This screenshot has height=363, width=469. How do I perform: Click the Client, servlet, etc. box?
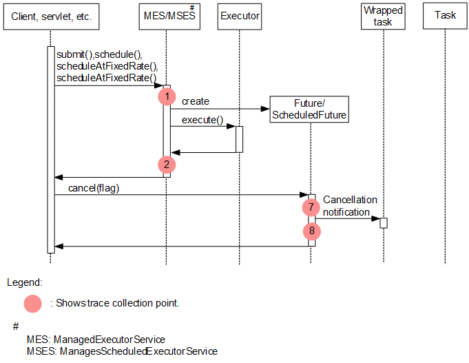click(x=51, y=17)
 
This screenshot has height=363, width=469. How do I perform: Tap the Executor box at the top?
click(x=239, y=17)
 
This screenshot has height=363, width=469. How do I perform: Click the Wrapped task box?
click(x=382, y=17)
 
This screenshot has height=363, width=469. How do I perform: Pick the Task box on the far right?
click(x=445, y=17)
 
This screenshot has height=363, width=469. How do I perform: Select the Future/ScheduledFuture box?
click(x=309, y=110)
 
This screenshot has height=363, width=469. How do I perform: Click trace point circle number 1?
click(x=166, y=97)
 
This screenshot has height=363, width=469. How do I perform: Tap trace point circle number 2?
click(x=166, y=165)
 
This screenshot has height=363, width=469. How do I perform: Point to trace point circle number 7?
click(x=311, y=207)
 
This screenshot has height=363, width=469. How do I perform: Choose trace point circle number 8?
click(x=311, y=231)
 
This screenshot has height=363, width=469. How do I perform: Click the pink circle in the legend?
click(x=33, y=303)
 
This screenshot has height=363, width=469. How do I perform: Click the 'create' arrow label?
click(x=195, y=101)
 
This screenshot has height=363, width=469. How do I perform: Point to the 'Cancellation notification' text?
click(x=349, y=206)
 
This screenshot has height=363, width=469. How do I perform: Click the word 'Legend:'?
click(x=25, y=282)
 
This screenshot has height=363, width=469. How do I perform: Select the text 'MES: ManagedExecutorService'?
click(x=96, y=340)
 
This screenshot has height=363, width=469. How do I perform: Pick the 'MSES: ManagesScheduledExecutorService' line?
click(x=122, y=351)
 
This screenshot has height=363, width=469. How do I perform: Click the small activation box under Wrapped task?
click(x=384, y=222)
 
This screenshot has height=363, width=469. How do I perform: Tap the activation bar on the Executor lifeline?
click(x=240, y=138)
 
